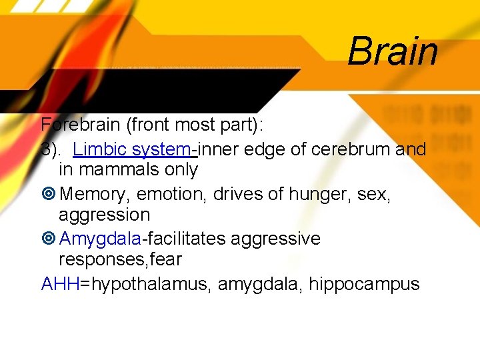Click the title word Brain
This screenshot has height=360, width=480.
(393, 51)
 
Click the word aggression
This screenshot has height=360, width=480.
(104, 215)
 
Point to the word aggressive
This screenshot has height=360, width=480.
(275, 239)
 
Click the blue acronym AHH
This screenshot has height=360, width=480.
(60, 285)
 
